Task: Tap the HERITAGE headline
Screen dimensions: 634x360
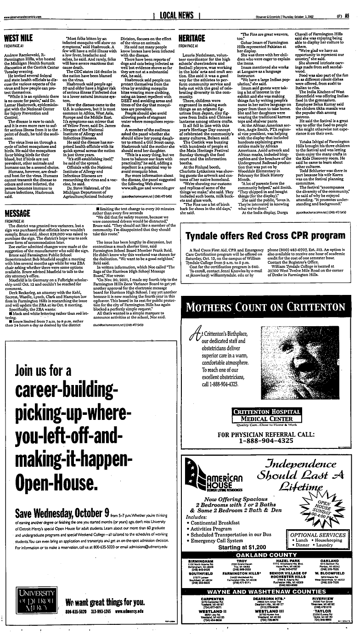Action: pos(191,38)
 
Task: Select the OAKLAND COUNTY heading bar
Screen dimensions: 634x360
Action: pos(268,555)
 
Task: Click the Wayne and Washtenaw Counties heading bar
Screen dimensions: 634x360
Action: pos(268,592)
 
